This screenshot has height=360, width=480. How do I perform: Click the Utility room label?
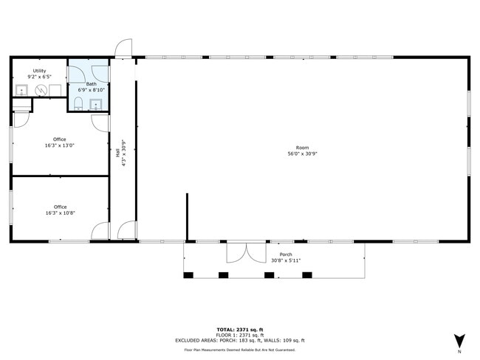click(x=39, y=71)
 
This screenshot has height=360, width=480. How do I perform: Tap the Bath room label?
click(x=92, y=84)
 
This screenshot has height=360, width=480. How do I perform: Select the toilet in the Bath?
click(x=79, y=104)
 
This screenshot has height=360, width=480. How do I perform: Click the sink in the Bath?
click(x=96, y=105)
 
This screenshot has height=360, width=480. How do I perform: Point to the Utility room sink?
click(x=21, y=91)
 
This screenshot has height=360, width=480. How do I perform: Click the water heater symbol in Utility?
click(x=41, y=90)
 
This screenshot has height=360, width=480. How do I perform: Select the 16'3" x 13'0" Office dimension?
click(x=60, y=145)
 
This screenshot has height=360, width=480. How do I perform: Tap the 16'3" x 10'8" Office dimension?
click(x=61, y=213)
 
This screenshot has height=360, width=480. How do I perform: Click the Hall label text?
click(x=117, y=153)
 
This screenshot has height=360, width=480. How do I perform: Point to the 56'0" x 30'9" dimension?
click(x=303, y=154)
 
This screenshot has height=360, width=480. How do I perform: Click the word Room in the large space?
click(x=303, y=148)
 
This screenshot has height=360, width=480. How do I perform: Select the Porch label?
click(x=286, y=255)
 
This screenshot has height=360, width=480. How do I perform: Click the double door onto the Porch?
click(x=247, y=252)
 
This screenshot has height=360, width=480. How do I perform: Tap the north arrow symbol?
click(x=459, y=341)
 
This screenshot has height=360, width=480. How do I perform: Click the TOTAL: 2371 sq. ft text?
click(x=240, y=330)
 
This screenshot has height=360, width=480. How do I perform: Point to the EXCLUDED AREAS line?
click(x=240, y=340)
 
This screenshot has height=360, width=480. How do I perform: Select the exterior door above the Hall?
click(x=123, y=48)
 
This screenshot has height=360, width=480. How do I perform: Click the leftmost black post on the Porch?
click(x=188, y=275)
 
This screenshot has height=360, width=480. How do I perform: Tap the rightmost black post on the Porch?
click(x=307, y=275)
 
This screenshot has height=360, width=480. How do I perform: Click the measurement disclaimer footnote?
click(x=240, y=350)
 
